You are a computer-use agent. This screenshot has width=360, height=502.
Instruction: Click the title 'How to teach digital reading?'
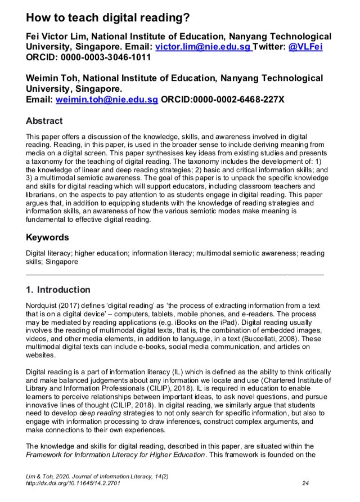[x=107, y=17]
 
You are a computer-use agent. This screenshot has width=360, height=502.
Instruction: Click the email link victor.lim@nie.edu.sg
[x=203, y=47]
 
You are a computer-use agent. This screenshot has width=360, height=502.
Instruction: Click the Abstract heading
[x=44, y=121]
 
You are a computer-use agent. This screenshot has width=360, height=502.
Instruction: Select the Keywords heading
[x=48, y=237]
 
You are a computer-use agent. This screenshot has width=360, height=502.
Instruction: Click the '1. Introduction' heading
[x=58, y=290]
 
